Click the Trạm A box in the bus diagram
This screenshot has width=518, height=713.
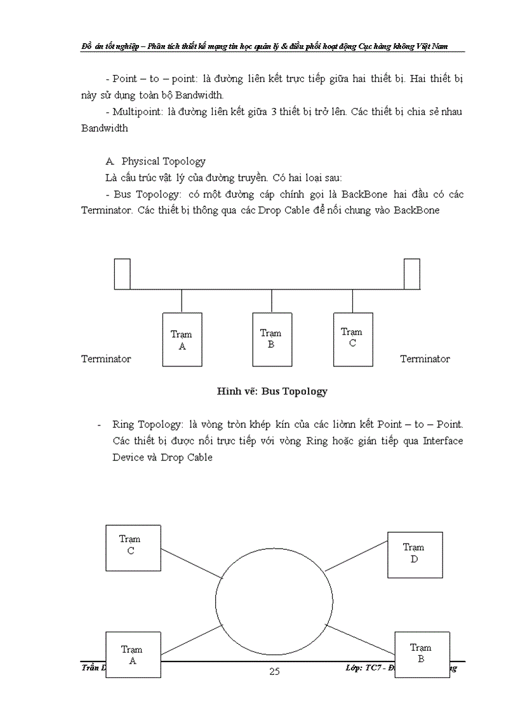[182, 340]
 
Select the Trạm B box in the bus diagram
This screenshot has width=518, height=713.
[271, 339]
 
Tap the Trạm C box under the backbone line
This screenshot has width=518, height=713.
[352, 338]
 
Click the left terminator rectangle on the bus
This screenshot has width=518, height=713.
[123, 274]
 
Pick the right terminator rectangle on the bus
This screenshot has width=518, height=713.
[412, 274]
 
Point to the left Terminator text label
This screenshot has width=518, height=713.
[106, 359]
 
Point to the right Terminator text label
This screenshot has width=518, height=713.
[425, 359]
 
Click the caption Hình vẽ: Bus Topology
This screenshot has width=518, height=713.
[272, 391]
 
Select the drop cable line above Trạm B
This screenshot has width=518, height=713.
[272, 302]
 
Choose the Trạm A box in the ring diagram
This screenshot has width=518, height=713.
[132, 654]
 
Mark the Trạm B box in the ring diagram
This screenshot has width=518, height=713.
[421, 652]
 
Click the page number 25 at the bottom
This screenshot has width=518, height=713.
[274, 672]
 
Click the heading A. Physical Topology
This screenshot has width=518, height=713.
[157, 161]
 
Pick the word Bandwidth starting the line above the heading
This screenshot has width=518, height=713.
[105, 128]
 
